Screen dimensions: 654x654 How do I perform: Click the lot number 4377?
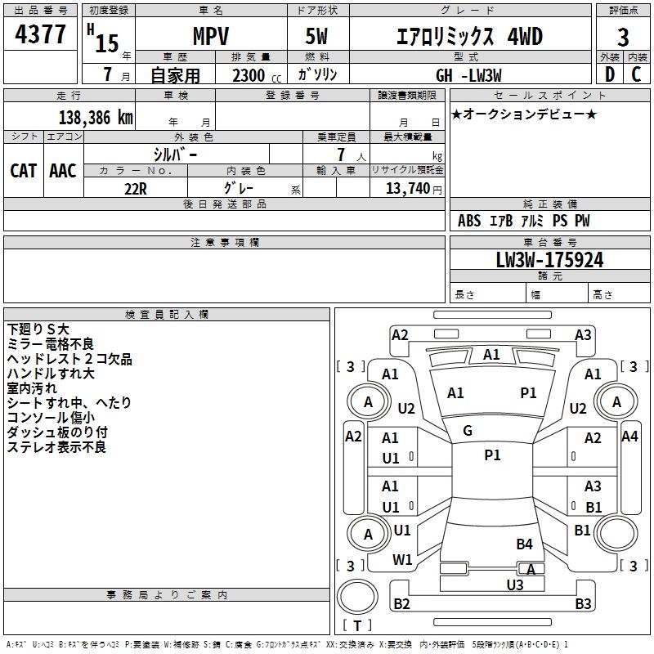[40, 34]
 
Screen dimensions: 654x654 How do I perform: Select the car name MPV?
[211, 36]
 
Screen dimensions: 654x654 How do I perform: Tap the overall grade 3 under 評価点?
[623, 38]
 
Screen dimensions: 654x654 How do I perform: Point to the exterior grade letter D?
[610, 74]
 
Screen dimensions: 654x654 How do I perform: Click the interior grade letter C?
[636, 74]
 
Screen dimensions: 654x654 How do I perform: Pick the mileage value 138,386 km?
[96, 118]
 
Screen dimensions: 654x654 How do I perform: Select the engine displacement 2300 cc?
[257, 75]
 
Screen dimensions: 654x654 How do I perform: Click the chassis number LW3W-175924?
[549, 260]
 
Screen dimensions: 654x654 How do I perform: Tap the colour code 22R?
[136, 189]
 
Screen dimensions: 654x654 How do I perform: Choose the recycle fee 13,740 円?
[414, 189]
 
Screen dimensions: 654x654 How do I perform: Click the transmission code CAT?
[24, 171]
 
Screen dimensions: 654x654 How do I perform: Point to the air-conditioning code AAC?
[63, 171]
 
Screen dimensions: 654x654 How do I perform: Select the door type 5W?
[316, 36]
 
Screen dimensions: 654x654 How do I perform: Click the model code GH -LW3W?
[468, 75]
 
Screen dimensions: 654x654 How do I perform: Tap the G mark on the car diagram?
[468, 431]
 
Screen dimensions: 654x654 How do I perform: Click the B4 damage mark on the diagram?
[524, 544]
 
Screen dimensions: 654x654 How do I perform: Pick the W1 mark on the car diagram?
[402, 559]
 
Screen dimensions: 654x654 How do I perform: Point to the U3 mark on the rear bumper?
[515, 585]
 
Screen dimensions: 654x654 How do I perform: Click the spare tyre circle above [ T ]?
[357, 597]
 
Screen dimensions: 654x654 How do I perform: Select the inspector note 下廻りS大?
[38, 329]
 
